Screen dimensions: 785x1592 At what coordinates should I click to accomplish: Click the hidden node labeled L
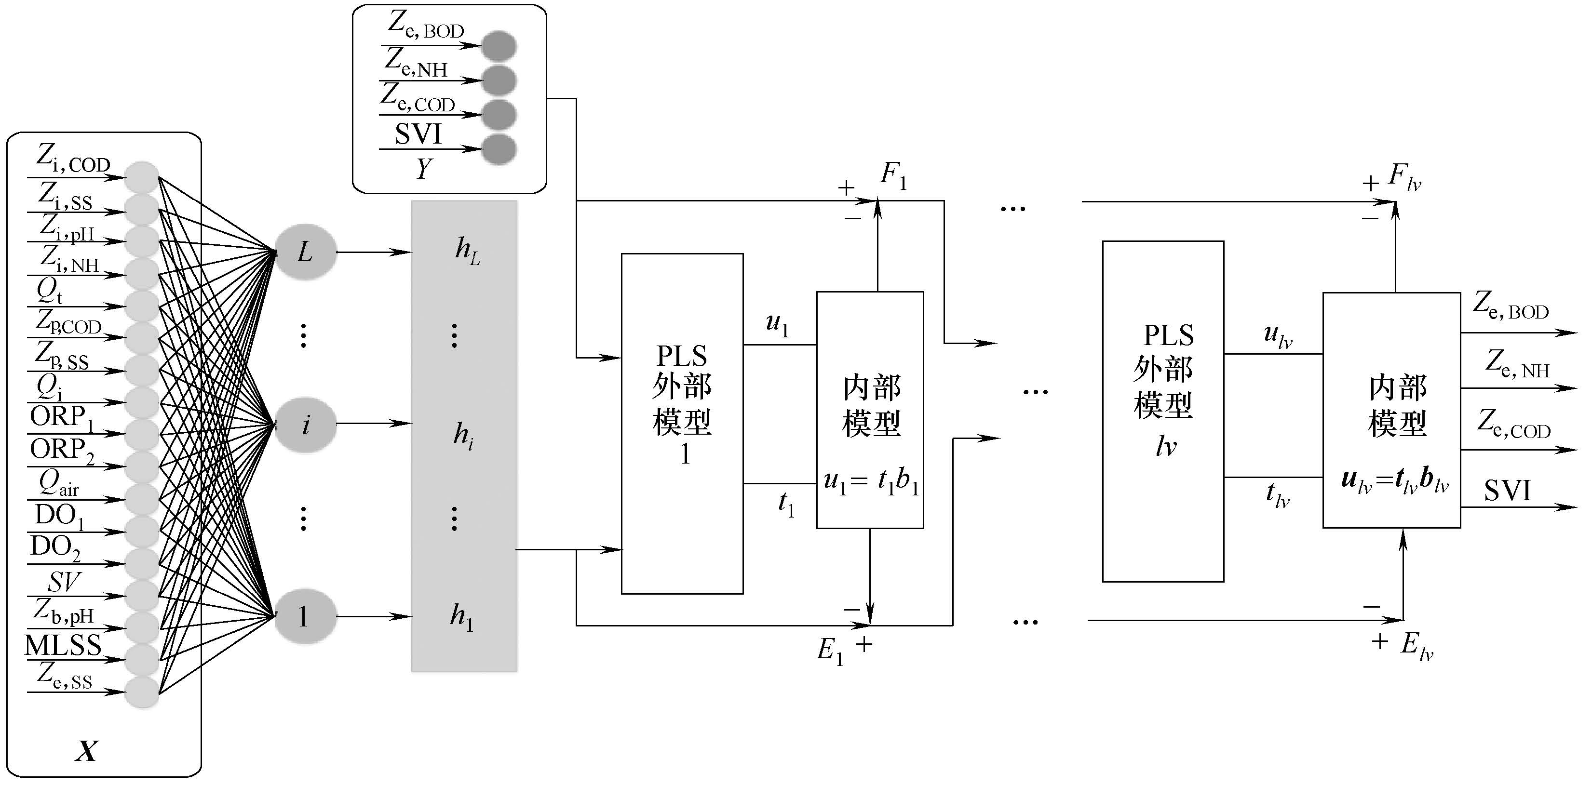tap(305, 252)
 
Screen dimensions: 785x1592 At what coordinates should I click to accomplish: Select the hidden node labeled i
tap(305, 425)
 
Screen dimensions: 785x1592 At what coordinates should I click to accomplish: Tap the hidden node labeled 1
tap(305, 616)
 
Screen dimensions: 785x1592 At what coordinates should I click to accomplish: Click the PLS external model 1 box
tap(682, 423)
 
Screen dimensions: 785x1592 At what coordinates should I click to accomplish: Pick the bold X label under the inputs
tap(86, 751)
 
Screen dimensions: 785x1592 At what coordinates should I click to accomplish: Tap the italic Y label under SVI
tap(423, 169)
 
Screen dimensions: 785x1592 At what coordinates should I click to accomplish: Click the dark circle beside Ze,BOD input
tap(499, 46)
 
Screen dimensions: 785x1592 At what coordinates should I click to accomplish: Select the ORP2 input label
tap(62, 450)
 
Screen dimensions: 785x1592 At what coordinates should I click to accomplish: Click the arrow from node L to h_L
tap(374, 252)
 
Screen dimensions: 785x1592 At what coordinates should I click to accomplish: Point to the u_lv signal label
tap(1278, 335)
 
